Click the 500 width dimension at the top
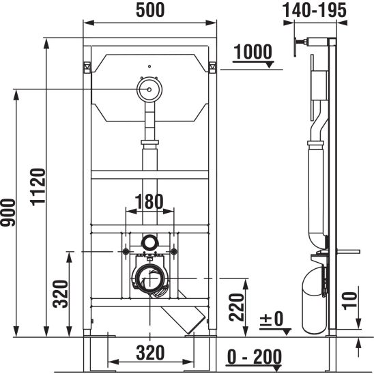[150, 10]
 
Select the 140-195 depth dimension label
[315, 10]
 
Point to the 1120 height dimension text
[38, 187]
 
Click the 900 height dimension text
[8, 212]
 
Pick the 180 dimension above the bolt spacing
[149, 201]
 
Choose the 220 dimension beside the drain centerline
[236, 307]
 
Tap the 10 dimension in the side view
[350, 301]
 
